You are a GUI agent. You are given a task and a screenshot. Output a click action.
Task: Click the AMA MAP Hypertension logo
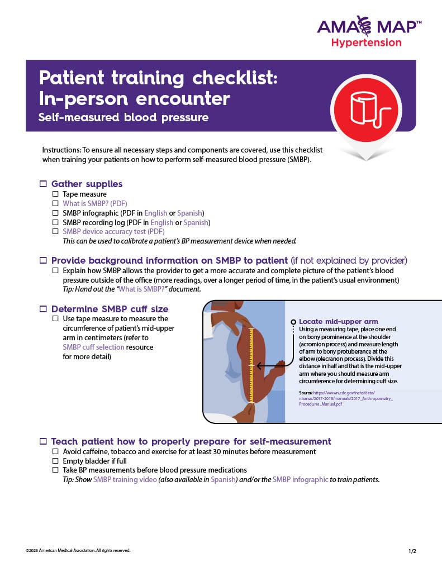point(369,32)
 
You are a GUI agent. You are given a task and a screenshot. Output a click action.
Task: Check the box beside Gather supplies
point(43,184)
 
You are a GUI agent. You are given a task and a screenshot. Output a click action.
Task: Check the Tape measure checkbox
point(55,194)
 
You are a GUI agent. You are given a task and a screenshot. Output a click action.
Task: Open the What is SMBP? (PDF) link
point(94,204)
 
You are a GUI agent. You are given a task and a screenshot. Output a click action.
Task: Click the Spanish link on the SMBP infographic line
point(189,213)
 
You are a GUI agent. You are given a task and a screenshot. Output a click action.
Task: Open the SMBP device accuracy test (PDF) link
point(113,232)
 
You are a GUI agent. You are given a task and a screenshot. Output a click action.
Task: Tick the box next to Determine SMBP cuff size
point(43,309)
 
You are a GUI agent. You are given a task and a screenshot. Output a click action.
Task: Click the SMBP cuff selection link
point(93,347)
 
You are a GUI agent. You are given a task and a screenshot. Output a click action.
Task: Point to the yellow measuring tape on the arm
point(251,366)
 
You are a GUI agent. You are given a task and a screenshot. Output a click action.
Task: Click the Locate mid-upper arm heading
point(338,322)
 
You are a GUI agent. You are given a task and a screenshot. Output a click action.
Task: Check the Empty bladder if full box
point(55,461)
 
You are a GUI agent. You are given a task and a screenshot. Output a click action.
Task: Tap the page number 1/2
point(412,551)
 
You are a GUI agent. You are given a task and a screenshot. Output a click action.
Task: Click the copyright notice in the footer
point(78,551)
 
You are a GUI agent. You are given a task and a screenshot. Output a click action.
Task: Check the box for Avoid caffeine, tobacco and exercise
point(55,451)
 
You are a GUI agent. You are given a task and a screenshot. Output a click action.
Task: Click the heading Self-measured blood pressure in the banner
point(123,118)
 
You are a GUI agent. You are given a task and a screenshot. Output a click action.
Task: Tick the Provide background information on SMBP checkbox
point(43,261)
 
